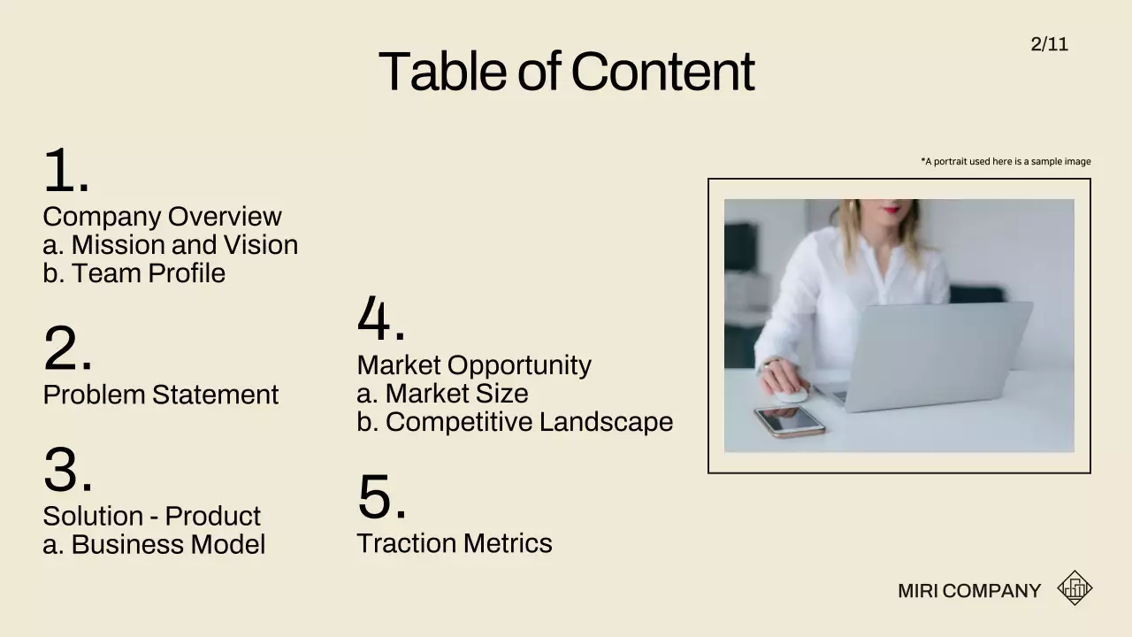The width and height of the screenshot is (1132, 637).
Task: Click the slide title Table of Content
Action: pos(566,72)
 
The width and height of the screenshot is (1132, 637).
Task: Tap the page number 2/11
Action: pos(1049,44)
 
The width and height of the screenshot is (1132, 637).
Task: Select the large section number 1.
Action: pos(65,170)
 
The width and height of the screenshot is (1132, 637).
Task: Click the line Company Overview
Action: pos(162,217)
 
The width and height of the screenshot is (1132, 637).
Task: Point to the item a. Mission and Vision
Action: pos(170,245)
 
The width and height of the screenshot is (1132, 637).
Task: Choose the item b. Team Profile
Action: pos(134,273)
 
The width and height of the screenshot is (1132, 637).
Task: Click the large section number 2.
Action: pos(67,349)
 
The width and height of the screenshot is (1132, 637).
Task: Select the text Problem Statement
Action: pos(160,395)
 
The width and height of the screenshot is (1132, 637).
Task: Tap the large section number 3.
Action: pos(67,471)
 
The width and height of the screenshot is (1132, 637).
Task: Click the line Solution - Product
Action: pos(151,516)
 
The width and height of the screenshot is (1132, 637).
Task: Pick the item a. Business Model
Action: pos(154,544)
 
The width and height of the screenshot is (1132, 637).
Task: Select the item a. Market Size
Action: pos(442,394)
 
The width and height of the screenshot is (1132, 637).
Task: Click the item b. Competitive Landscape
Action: pos(515,422)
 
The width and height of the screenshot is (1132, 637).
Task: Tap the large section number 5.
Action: pos(381,497)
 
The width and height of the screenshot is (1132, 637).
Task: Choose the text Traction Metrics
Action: pos(454,543)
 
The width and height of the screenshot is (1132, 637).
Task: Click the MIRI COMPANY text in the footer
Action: pos(968,591)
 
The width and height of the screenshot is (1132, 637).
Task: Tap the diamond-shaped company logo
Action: pos(1075,588)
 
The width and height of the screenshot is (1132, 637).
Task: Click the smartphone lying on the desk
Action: pos(790,421)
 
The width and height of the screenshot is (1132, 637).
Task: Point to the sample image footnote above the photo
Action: pos(1006,162)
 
